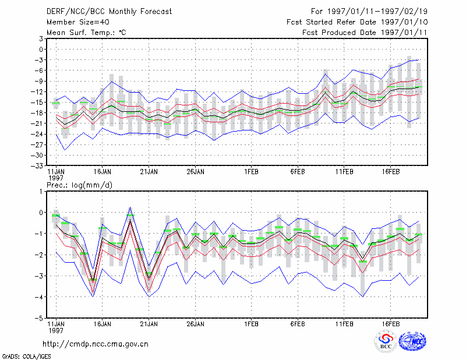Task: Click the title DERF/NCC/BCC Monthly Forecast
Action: [x=109, y=12]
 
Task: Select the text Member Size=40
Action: [x=78, y=22]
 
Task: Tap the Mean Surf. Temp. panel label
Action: [x=86, y=33]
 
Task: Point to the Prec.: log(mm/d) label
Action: [x=80, y=185]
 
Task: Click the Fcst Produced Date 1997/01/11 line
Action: [x=365, y=33]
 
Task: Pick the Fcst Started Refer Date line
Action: [x=357, y=22]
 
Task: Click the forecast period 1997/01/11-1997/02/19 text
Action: [x=369, y=12]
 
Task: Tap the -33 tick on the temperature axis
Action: [x=38, y=166]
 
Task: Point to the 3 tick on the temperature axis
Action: [x=41, y=38]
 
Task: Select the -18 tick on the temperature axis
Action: [x=38, y=113]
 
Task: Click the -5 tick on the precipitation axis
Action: [x=40, y=319]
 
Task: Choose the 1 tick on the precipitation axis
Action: [x=41, y=192]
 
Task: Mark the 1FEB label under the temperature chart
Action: [x=252, y=172]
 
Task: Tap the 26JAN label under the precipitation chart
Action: [x=196, y=324]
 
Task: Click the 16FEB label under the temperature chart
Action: [x=391, y=172]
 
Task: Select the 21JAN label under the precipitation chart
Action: [x=149, y=324]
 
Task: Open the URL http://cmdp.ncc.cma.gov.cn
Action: [x=96, y=344]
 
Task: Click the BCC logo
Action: [x=386, y=342]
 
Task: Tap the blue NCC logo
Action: [x=412, y=341]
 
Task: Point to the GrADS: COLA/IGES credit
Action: [x=27, y=357]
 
